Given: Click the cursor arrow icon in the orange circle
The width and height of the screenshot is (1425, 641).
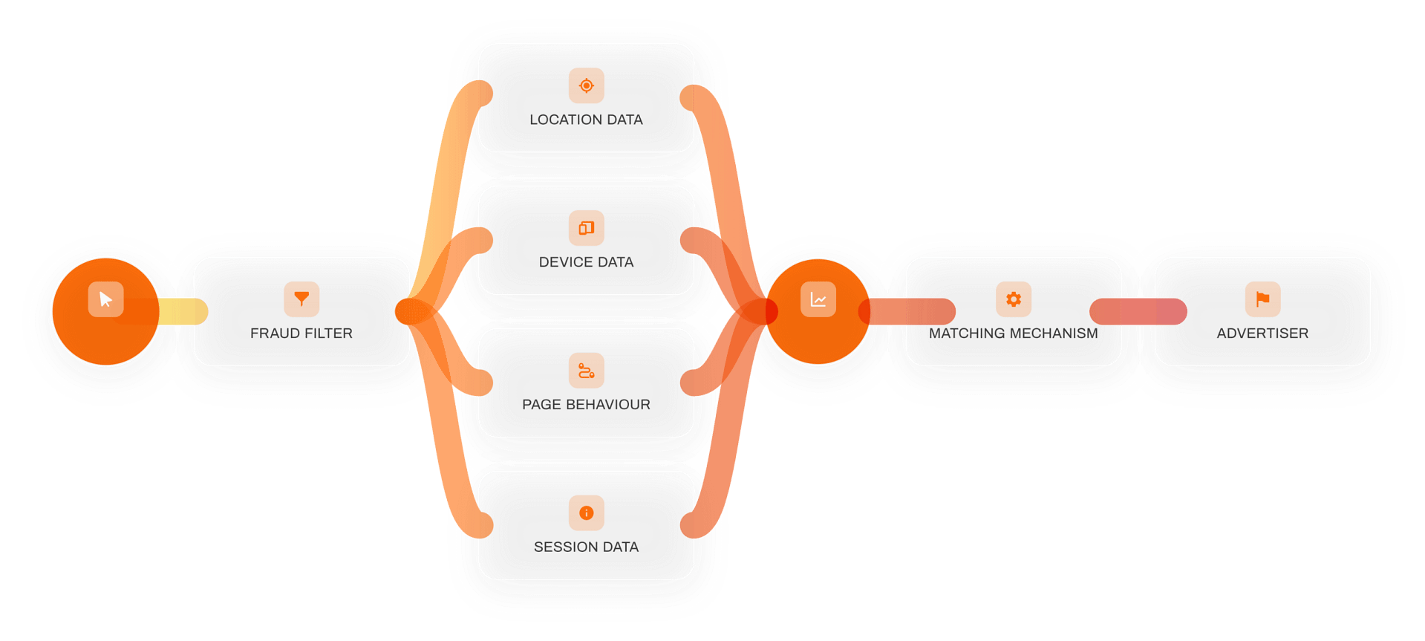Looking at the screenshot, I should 105,299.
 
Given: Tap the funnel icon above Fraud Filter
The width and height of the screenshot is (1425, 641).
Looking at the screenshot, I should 301,299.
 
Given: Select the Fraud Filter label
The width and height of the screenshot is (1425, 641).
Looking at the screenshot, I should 301,333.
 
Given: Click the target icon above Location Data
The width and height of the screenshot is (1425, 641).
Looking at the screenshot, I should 586,85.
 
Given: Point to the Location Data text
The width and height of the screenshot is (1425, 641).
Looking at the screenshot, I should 586,120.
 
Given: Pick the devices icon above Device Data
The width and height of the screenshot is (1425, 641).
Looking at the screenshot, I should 586,228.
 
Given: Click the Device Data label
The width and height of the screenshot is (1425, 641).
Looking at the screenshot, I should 586,262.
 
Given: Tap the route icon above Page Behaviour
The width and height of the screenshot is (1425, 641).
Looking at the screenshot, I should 586,370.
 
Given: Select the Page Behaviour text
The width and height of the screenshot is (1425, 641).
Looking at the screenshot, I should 586,405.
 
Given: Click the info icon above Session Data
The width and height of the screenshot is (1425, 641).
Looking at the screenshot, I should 586,513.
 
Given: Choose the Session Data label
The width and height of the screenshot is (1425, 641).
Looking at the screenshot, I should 586,547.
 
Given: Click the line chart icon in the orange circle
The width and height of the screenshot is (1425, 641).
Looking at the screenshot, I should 818,299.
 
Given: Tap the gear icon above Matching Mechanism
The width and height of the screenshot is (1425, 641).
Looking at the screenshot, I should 1014,299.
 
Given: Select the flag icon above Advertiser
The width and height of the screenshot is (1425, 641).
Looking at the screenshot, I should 1262,299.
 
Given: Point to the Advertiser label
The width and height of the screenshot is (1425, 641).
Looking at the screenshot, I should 1262,333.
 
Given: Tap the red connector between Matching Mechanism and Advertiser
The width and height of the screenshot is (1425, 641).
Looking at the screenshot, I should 1138,311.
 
